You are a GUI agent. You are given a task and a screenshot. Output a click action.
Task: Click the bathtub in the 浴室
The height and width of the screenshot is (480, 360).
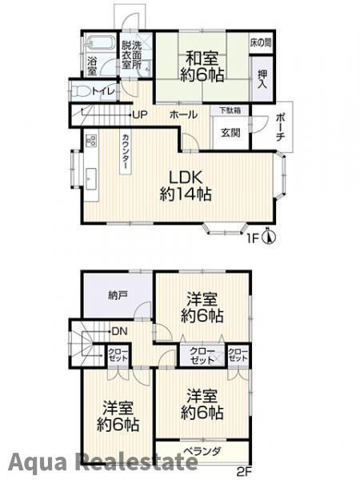pyautogui.click(x=99, y=42)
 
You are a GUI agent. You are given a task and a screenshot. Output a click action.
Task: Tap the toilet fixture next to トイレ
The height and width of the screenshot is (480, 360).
pyautogui.click(x=80, y=91)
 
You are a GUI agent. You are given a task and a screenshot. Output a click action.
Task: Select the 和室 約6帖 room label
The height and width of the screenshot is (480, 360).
pyautogui.click(x=202, y=66)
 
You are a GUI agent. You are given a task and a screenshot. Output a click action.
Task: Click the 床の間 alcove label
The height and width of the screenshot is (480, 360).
pyautogui.click(x=261, y=42)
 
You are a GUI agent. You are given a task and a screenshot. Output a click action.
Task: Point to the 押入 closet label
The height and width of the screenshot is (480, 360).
pyautogui.click(x=262, y=79)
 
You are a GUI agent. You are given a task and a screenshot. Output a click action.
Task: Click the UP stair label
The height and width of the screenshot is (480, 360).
pyautogui.click(x=140, y=114)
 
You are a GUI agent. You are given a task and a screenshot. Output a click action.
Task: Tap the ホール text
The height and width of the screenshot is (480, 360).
pyautogui.click(x=183, y=115)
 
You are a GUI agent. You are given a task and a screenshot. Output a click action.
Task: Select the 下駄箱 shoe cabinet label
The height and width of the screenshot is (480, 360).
pyautogui.click(x=230, y=110)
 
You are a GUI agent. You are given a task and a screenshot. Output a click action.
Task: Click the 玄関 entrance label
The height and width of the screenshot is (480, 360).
pyautogui.click(x=230, y=133)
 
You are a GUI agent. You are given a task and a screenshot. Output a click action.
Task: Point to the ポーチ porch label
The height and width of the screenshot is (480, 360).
pyautogui.click(x=281, y=127)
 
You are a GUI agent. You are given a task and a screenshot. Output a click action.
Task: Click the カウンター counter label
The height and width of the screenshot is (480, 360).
pyautogui.click(x=126, y=151)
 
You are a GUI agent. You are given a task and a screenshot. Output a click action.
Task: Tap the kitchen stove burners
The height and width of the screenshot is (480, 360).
pyautogui.click(x=91, y=141)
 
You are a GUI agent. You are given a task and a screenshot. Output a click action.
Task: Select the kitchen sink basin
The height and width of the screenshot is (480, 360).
pyautogui.click(x=91, y=178)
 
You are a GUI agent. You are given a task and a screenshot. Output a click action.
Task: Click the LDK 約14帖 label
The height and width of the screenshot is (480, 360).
pyautogui.click(x=186, y=186)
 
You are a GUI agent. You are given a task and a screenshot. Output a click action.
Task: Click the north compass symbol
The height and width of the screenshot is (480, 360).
pyautogui.click(x=269, y=236)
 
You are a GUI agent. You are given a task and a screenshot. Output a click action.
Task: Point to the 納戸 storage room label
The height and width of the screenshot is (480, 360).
pyautogui.click(x=118, y=295)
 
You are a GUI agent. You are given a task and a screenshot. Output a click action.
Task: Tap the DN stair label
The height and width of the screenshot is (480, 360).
pyautogui.click(x=119, y=331)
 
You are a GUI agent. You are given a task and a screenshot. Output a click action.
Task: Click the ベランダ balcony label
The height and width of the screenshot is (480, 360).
pyautogui.click(x=202, y=451)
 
